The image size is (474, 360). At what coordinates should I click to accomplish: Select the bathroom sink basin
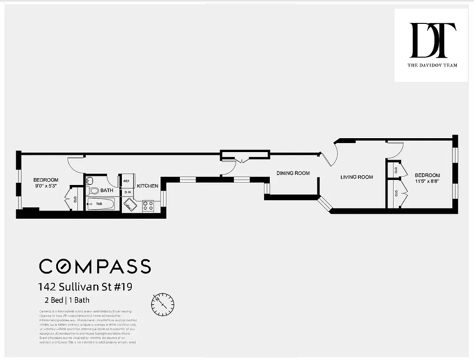pyautogui.click(x=89, y=181)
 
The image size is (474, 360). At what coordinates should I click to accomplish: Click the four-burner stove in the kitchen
pyautogui.click(x=148, y=206)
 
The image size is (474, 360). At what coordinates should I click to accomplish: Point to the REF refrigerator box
pyautogui.click(x=126, y=181)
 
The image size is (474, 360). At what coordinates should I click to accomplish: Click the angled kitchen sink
pyautogui.click(x=131, y=206)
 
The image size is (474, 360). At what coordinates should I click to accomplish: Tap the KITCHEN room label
pyautogui.click(x=148, y=186)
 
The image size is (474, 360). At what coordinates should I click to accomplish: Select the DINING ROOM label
pyautogui.click(x=293, y=173)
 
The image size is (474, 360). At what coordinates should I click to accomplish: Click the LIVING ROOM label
pyautogui.click(x=357, y=177)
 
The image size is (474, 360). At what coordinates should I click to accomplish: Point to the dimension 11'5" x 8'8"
pyautogui.click(x=427, y=181)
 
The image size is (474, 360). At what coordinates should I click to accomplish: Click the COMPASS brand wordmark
pyautogui.click(x=95, y=266)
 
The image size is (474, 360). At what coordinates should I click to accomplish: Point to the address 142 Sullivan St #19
pyautogui.click(x=85, y=287)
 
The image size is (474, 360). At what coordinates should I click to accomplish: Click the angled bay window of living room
pyautogui.click(x=325, y=203)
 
